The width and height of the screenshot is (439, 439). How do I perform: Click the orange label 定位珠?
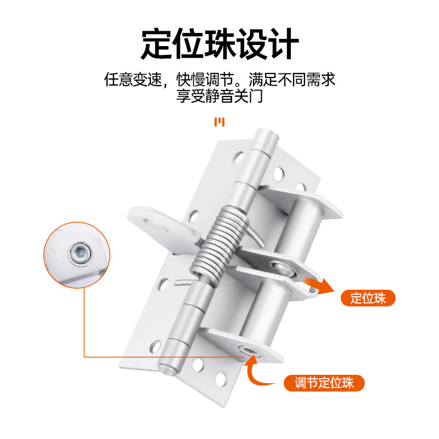pyautogui.click(x=368, y=298)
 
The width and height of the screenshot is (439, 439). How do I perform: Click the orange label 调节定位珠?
pyautogui.click(x=324, y=382)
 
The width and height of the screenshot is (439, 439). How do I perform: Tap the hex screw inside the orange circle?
pyautogui.click(x=80, y=254)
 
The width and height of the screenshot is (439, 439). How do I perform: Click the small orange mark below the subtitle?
pyautogui.click(x=219, y=122)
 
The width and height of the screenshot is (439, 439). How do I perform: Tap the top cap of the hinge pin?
pyautogui.click(x=267, y=135)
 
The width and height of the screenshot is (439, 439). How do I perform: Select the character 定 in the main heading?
pyautogui.click(x=156, y=44)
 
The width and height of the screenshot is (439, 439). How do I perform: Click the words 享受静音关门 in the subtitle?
pyautogui.click(x=219, y=96)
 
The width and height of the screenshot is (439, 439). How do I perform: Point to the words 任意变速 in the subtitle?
pyautogui.click(x=133, y=80)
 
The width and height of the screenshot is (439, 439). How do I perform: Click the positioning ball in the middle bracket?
pyautogui.click(x=283, y=269)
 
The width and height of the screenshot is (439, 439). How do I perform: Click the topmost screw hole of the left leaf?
pyautogui.click(x=239, y=157)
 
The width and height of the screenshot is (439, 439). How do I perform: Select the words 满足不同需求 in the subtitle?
pyautogui.click(x=292, y=80)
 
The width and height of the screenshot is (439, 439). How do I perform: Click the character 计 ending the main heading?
pyautogui.click(x=283, y=44)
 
